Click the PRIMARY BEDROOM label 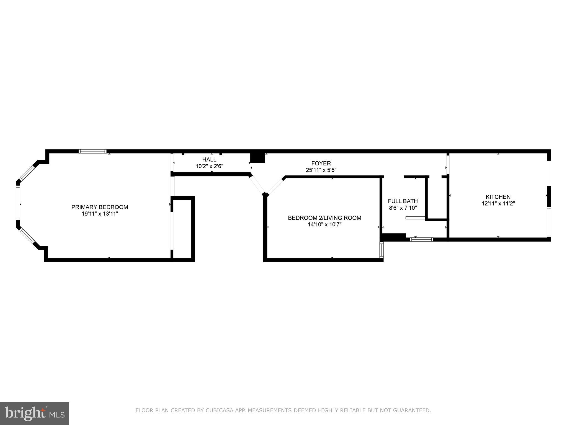coord(100,207)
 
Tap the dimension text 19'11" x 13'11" coord(100,214)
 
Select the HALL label coord(209,159)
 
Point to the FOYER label coord(321,163)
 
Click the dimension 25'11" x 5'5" coord(321,170)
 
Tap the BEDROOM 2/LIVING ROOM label coord(324,218)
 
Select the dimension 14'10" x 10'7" coord(324,225)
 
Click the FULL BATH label coord(403,201)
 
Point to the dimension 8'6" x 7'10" coord(403,208)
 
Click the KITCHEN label coord(498,197)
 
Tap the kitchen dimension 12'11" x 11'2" coord(498,204)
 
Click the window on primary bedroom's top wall coord(92,151)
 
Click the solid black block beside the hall coord(257,158)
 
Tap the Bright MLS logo coord(34,413)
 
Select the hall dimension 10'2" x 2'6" coord(209,166)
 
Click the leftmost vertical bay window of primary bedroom coord(18,203)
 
